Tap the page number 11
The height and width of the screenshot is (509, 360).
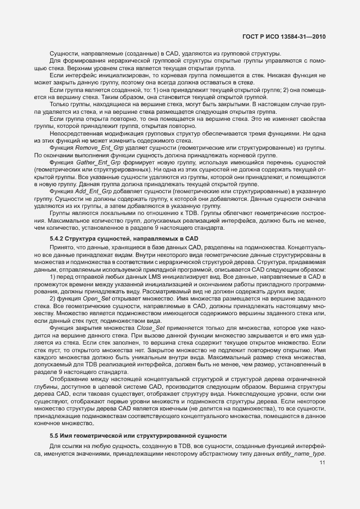click(322, 463)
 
